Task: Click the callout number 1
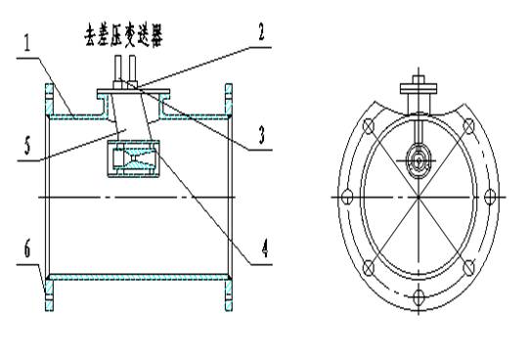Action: coord(27,43)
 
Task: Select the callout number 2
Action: coord(261,32)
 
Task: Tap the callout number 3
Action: coord(262,135)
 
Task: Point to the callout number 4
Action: coord(265,248)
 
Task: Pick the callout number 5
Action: coord(27,146)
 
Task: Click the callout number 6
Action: coord(27,248)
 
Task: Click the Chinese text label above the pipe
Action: coord(124,35)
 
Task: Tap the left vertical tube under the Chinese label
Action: coord(118,67)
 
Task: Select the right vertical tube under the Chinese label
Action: coord(133,67)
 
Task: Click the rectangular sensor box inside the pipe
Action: coord(133,158)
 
